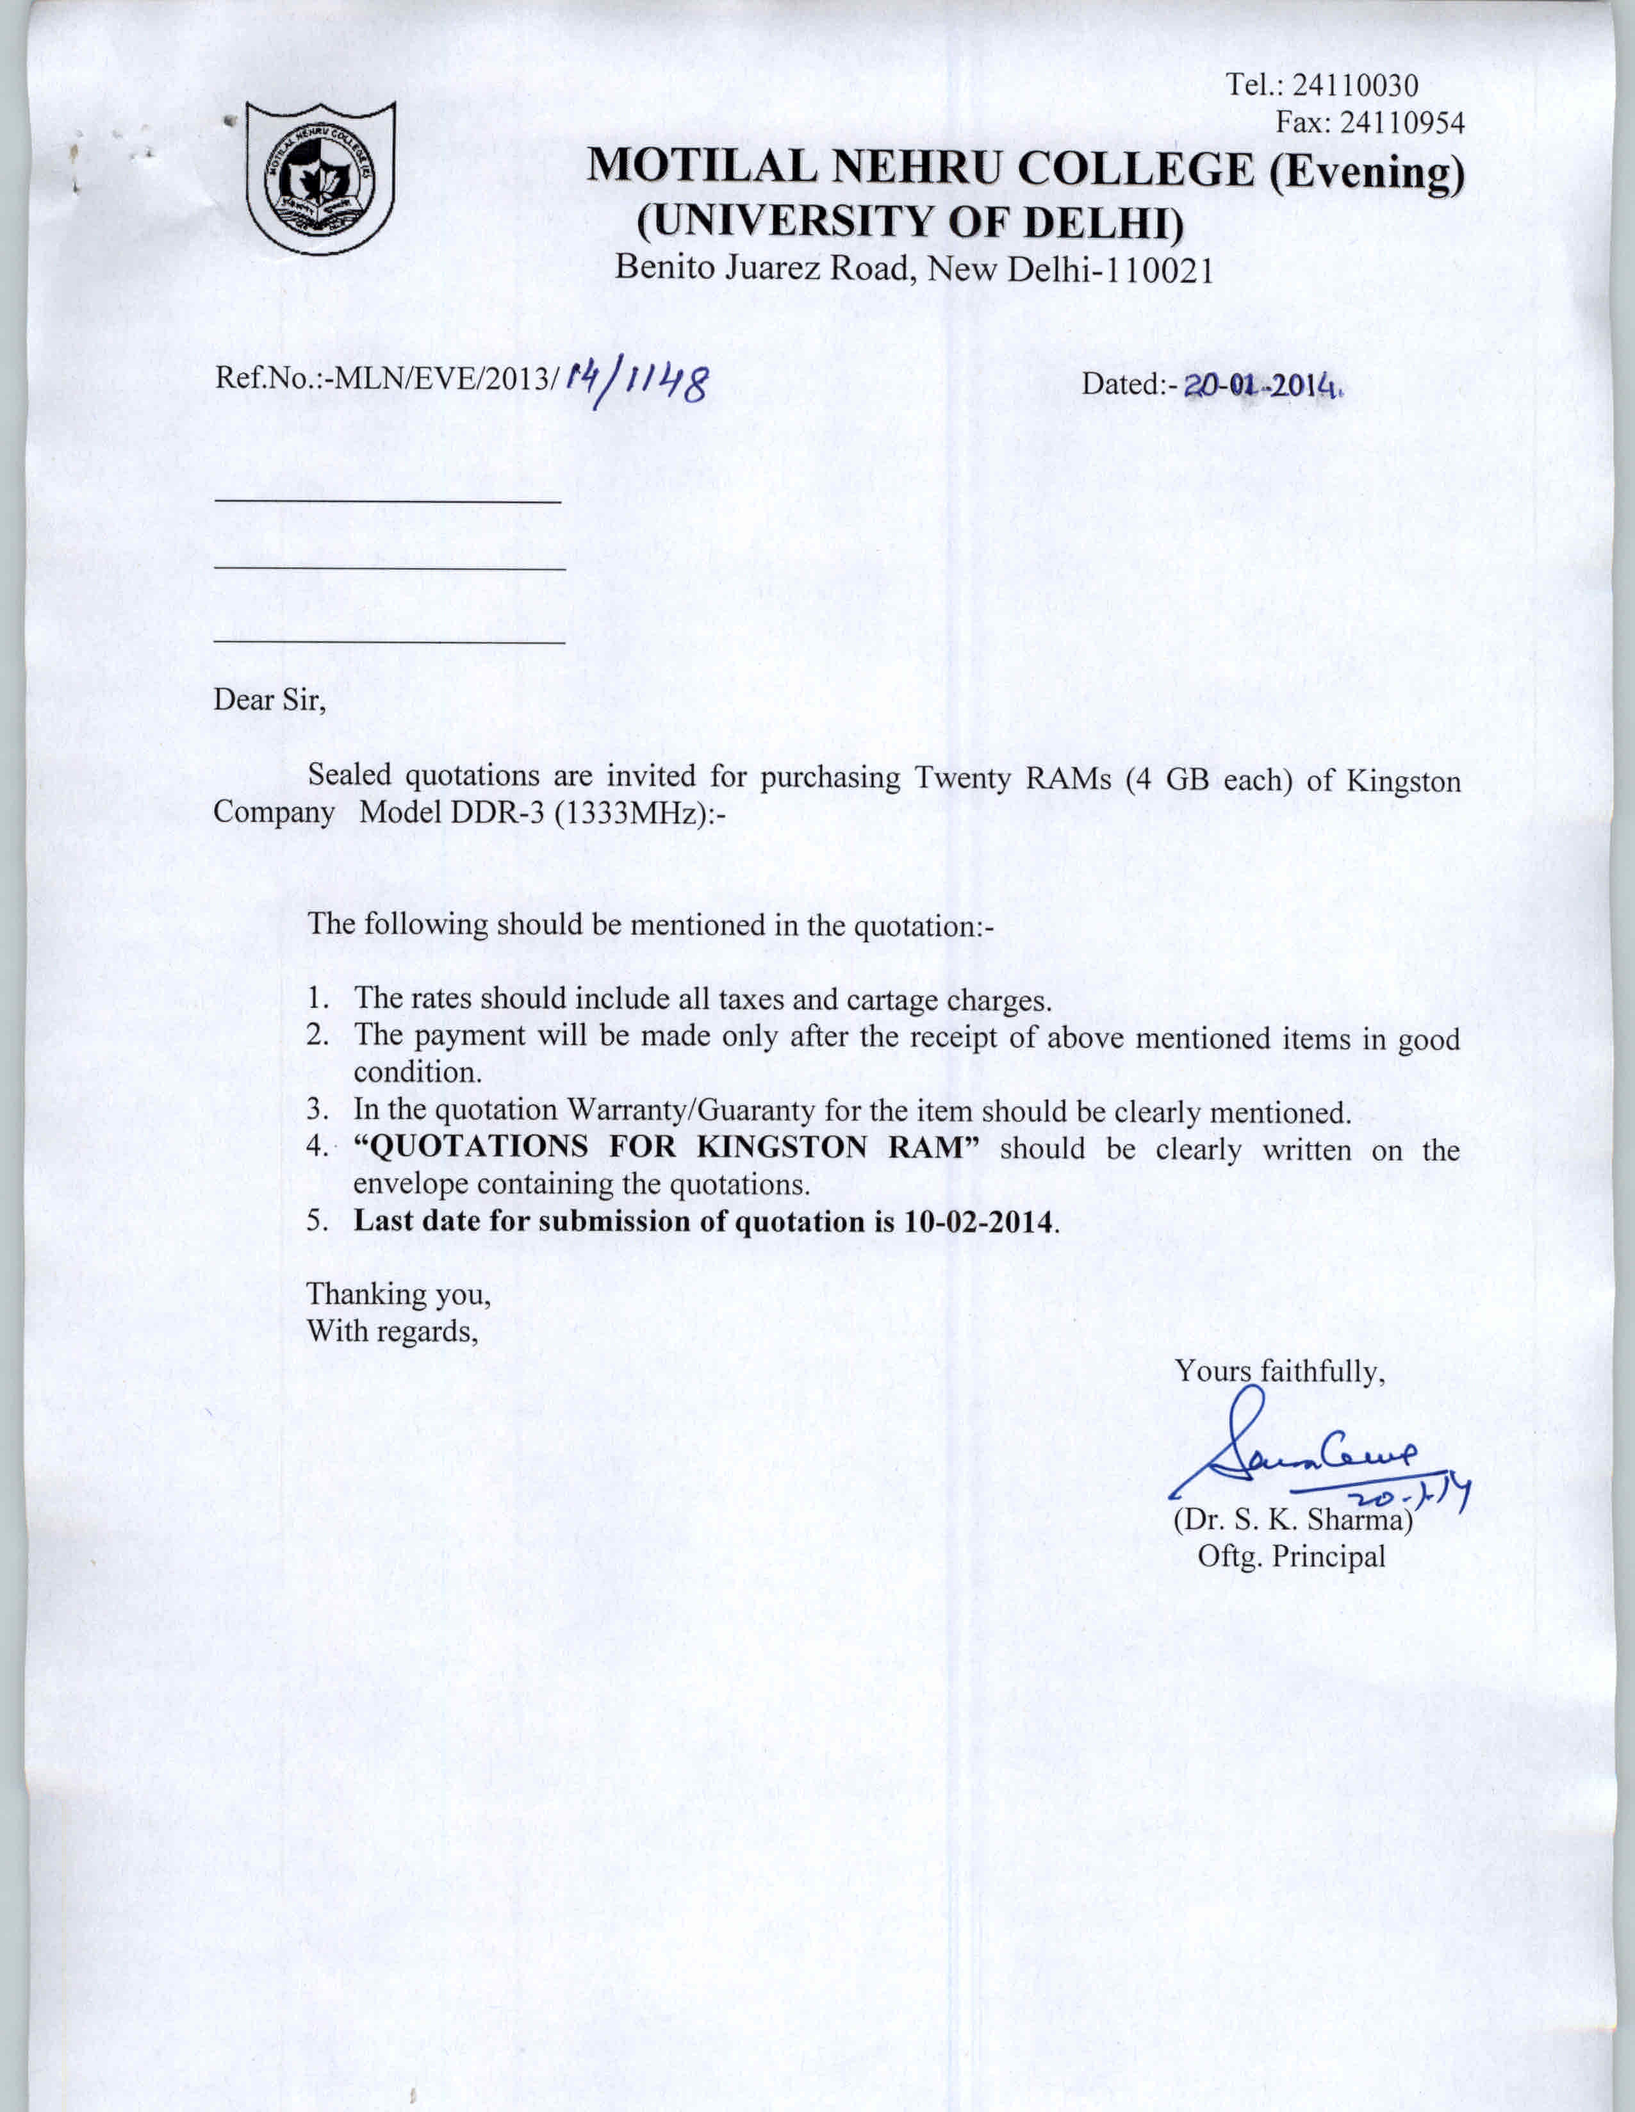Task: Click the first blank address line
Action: [x=387, y=500]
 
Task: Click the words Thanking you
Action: [x=398, y=1294]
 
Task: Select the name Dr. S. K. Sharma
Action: [x=1293, y=1520]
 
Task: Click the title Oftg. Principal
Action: [x=1291, y=1557]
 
